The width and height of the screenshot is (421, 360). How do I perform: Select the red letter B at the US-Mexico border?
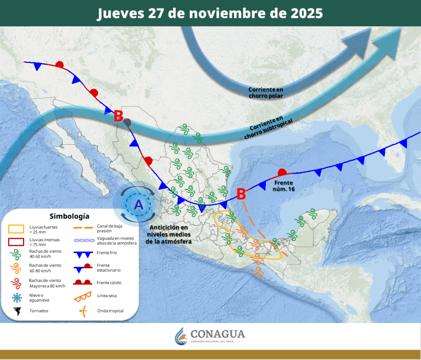point(118,116)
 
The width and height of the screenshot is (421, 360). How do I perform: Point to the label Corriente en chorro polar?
point(266,92)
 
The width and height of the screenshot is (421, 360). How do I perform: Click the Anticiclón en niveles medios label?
point(169,234)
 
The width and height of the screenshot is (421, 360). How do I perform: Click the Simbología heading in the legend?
point(69,216)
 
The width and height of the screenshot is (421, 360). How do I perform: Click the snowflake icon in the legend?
point(17,298)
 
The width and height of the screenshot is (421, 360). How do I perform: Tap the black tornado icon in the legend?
point(17,311)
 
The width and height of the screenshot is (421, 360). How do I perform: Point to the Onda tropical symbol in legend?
point(83,311)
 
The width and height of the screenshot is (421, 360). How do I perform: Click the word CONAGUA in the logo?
point(217,334)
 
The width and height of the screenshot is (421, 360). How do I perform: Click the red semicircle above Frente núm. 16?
point(282,171)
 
